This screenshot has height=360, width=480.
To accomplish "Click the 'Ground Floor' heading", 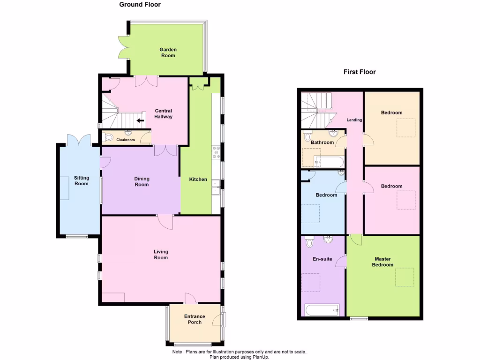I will click(140, 5).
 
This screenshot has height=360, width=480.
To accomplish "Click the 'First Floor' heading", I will click(360, 72).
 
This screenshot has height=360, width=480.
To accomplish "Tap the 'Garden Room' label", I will click(168, 52).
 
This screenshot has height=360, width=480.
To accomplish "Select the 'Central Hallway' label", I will click(164, 114).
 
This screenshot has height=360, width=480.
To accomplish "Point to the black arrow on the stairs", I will click(140, 120).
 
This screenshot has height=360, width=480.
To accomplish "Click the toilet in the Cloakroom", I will click(109, 138).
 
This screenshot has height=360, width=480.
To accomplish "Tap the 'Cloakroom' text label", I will click(125, 140).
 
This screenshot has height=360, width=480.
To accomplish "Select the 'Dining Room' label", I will click(142, 181).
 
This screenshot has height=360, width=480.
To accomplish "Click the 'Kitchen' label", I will click(198, 180).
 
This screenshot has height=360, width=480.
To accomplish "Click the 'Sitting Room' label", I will click(81, 180).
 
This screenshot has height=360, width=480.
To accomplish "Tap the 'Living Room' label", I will click(160, 255).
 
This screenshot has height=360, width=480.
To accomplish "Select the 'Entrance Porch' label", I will click(195, 319).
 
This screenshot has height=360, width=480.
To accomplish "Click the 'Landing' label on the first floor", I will click(354, 120).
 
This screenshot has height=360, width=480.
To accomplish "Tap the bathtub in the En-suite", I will click(322, 310).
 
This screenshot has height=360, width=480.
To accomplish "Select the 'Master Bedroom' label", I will click(382, 262).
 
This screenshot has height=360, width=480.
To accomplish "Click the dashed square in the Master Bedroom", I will click(405, 277).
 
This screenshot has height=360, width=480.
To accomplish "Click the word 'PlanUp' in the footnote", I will click(261, 357).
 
